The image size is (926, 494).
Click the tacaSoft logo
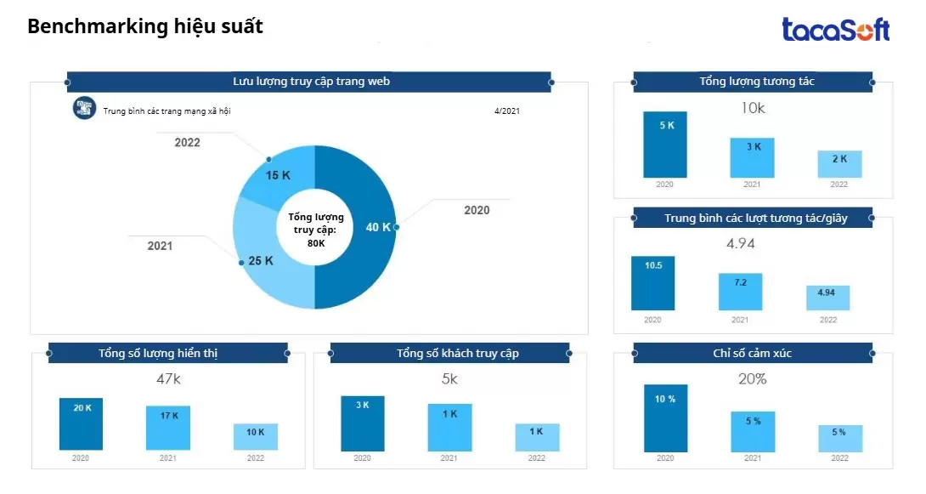[835, 30]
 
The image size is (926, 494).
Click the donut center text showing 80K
[315, 230]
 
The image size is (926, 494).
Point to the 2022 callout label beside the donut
[188, 143]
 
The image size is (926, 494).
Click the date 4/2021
[506, 111]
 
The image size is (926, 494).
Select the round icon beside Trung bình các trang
[84, 108]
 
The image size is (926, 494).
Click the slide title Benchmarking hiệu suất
[145, 27]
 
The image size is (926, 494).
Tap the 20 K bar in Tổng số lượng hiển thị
[82, 423]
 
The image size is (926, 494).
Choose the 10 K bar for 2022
[255, 436]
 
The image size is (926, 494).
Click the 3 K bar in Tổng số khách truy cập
[362, 423]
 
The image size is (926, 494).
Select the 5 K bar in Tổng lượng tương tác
[665, 145]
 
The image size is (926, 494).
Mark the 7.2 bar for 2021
[740, 292]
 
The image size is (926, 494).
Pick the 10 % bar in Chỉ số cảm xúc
[665, 417]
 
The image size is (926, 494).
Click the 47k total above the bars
[169, 378]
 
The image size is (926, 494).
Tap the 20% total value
[752, 379]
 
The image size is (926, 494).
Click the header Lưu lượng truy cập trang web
[311, 82]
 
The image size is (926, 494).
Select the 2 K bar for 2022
[839, 164]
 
